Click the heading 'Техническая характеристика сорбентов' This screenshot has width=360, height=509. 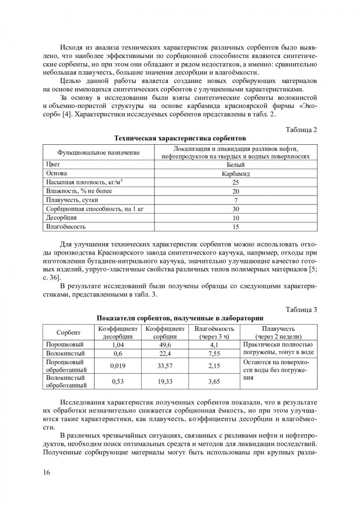(x=180, y=139)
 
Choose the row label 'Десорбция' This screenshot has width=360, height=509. (x=61, y=218)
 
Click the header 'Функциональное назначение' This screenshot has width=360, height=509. (x=98, y=153)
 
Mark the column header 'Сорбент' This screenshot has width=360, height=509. (x=68, y=332)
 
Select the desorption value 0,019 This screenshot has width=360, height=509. (x=117, y=365)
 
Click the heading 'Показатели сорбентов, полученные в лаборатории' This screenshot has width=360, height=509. (x=180, y=318)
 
